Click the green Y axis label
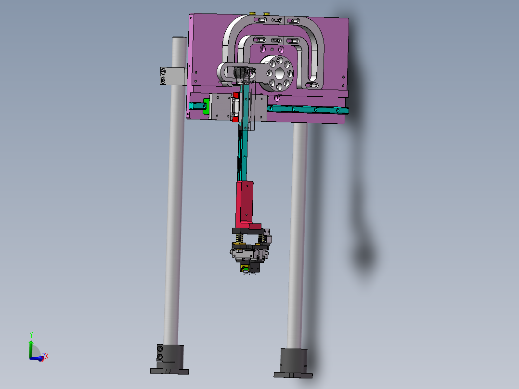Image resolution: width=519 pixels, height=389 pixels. tap(31, 334)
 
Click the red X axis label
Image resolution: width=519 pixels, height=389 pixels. tap(46, 356)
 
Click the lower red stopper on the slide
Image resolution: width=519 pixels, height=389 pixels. tap(236, 119)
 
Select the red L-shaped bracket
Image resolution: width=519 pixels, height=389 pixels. tap(246, 205)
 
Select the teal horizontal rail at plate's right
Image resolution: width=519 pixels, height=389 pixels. tap(308, 110)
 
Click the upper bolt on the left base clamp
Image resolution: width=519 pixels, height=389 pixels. tap(160, 348)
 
